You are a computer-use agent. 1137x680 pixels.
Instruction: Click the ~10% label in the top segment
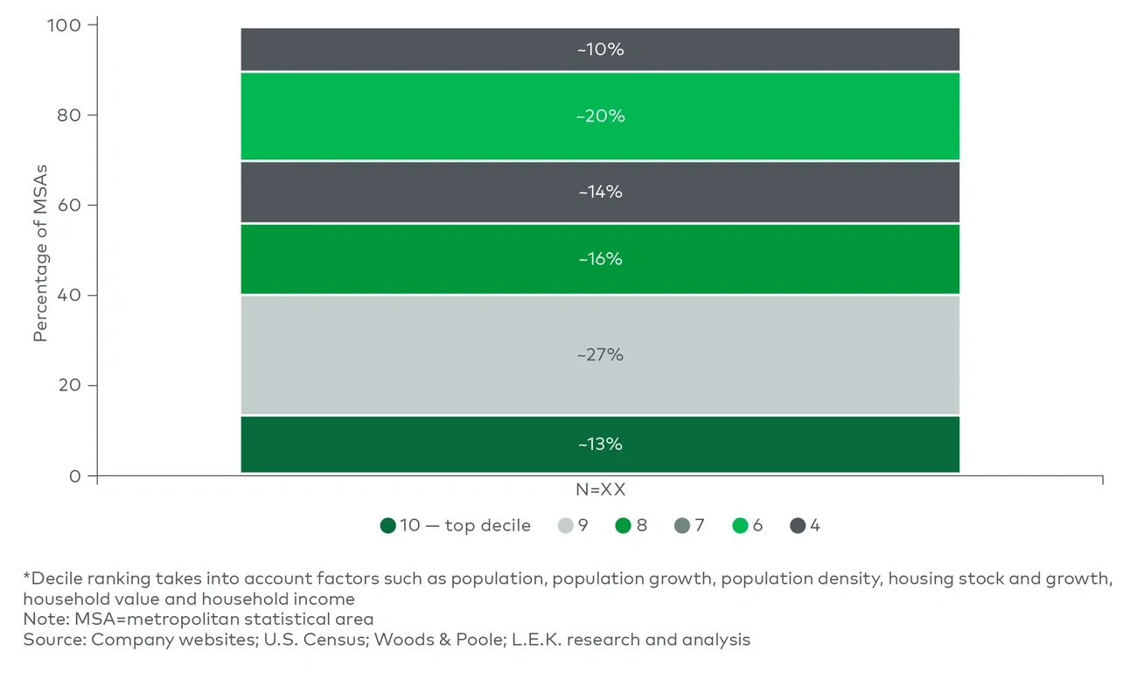click(x=600, y=50)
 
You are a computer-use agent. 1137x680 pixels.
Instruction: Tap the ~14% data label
click(x=600, y=192)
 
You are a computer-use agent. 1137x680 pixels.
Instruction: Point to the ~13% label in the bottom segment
click(x=600, y=445)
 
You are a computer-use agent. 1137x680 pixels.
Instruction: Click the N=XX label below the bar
click(x=600, y=490)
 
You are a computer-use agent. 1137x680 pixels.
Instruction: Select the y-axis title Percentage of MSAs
click(x=40, y=252)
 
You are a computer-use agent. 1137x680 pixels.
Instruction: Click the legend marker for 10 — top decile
click(x=388, y=526)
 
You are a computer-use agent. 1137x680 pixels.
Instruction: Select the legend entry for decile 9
click(x=573, y=526)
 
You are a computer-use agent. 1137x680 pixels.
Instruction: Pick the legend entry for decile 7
click(x=690, y=526)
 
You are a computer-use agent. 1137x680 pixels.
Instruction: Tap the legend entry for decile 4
click(x=806, y=526)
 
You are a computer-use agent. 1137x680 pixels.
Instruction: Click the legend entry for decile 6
click(x=748, y=526)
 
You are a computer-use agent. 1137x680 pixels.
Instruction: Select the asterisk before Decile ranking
click(x=26, y=578)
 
